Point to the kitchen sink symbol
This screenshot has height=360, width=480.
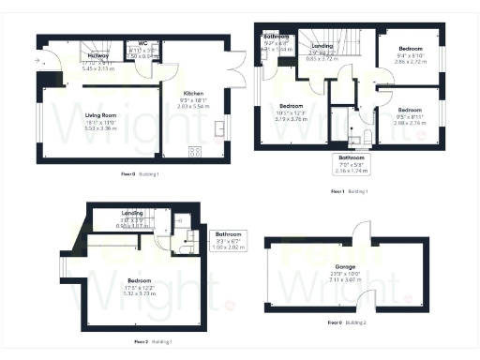click(220, 127)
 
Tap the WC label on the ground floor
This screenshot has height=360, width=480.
click(142, 43)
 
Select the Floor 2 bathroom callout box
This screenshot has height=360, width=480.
click(229, 239)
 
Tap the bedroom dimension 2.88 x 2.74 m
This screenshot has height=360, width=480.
click(410, 123)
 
